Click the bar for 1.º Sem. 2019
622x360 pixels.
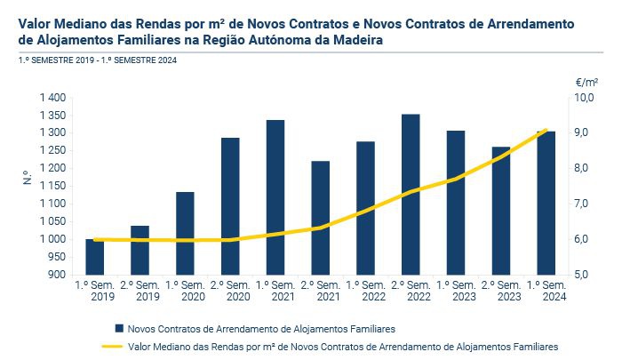[94, 257]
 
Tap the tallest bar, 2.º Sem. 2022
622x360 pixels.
[411, 195]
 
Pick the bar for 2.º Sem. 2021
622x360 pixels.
[320, 218]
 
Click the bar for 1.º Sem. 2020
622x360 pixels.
[185, 233]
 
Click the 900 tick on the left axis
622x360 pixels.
[57, 275]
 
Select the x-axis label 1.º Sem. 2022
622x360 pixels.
[365, 292]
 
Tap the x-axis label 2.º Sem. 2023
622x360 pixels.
[501, 292]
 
